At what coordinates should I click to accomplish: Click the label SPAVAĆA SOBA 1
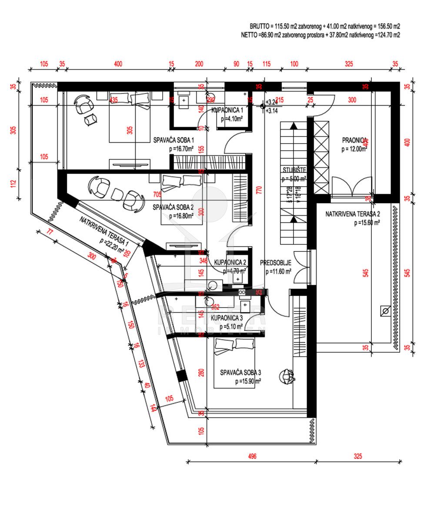click(x=174, y=140)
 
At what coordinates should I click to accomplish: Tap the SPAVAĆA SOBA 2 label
click(x=173, y=207)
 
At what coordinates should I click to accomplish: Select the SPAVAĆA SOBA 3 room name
click(x=240, y=372)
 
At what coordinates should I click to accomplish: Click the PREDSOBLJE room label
click(x=275, y=263)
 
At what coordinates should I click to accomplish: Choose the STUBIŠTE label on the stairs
click(x=294, y=170)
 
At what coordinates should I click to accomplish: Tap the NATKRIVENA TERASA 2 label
click(x=353, y=214)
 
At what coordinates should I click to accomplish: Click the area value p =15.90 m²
click(x=248, y=381)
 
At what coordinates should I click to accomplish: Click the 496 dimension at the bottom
click(x=253, y=457)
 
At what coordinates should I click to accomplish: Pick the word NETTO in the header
click(x=249, y=35)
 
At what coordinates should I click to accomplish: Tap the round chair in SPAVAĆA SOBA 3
click(x=287, y=375)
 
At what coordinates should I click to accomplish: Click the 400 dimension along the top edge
click(x=118, y=64)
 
